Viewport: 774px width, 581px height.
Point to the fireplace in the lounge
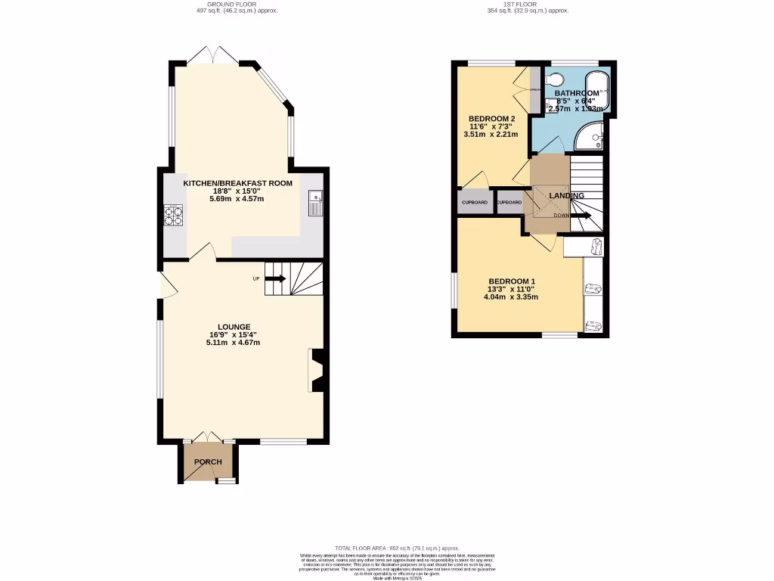click(317, 370)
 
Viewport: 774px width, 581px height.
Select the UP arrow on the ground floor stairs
click(274, 278)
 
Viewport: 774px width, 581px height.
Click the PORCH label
click(208, 462)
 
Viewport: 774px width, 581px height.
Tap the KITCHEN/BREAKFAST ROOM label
click(238, 182)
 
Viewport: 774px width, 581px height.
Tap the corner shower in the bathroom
click(592, 137)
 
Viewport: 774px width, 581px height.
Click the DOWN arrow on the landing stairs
click(580, 216)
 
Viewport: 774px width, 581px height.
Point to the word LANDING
click(566, 196)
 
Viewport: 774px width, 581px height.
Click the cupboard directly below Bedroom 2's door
click(473, 203)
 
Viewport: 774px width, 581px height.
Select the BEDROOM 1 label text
click(512, 281)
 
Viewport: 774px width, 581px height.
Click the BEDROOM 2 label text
click(491, 119)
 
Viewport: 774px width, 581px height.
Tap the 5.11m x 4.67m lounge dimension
click(233, 343)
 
